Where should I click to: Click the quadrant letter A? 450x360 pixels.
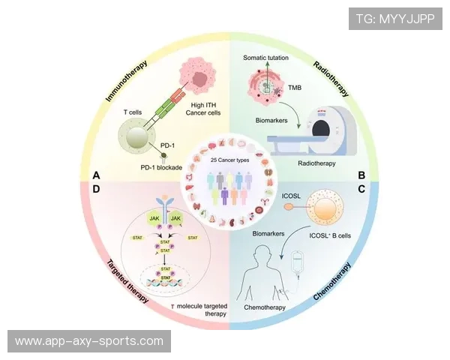coord(96,175)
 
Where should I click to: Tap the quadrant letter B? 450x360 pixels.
coord(361,175)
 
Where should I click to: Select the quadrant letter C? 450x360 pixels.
coord(361,190)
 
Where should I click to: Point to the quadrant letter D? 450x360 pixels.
coord(96,190)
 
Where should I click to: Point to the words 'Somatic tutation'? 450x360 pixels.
coord(267,58)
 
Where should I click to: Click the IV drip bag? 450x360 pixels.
coord(297,263)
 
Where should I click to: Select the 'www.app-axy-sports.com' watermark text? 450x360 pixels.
coord(89,341)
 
